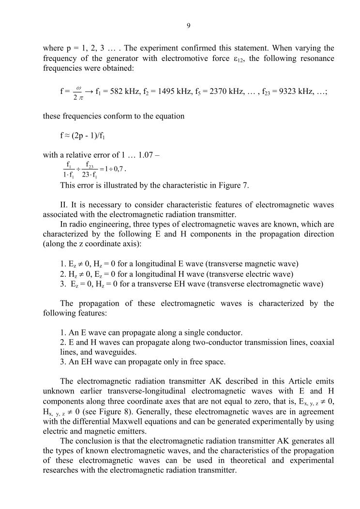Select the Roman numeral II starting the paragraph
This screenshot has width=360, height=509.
point(64,205)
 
